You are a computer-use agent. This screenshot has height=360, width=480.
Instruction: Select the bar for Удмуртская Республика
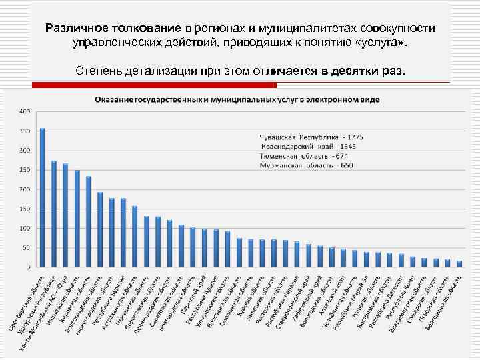(54, 214)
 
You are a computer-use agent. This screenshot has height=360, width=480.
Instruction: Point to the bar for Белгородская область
(459, 264)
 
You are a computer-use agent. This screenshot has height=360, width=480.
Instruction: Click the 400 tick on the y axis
(24, 111)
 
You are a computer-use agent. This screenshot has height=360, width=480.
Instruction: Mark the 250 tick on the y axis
(24, 170)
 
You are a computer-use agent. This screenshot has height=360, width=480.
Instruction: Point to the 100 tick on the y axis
(24, 229)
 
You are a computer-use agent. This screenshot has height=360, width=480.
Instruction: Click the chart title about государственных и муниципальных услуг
(237, 99)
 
